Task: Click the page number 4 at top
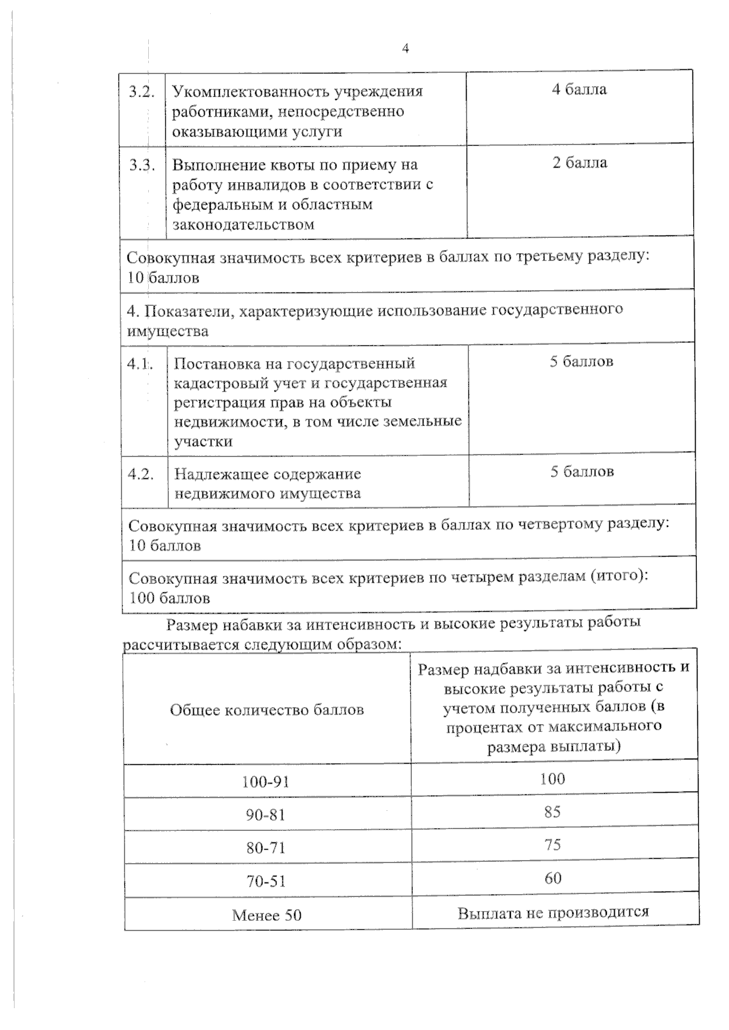405,49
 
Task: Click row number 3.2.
142,92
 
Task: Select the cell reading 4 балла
579,90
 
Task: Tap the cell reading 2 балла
580,163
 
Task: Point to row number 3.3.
142,165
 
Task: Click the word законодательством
244,225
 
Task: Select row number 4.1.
139,364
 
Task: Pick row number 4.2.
140,474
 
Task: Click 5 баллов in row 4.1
581,362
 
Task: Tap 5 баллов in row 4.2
582,472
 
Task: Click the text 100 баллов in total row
169,598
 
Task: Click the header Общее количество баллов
267,710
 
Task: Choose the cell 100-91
265,782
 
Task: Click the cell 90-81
265,815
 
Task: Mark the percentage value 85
552,812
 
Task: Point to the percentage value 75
552,845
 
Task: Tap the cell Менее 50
267,915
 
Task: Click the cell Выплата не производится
553,912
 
